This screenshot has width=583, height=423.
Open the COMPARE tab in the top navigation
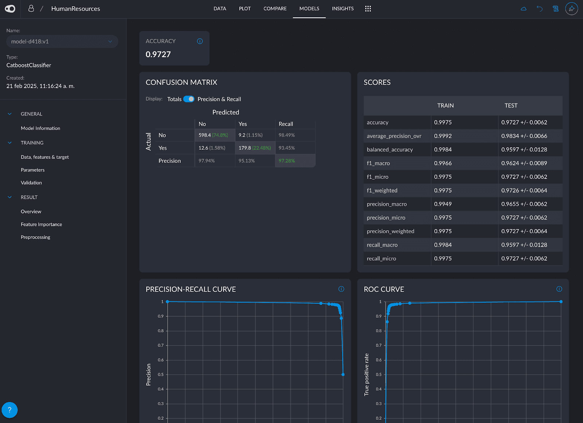click(275, 9)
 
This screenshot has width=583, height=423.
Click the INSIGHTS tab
click(343, 9)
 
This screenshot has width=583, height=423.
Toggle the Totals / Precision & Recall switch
click(189, 99)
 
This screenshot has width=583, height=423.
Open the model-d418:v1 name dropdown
click(62, 42)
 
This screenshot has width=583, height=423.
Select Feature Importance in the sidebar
click(42, 224)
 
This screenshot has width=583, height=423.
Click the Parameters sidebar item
click(32, 170)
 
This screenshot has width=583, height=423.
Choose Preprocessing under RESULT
click(35, 237)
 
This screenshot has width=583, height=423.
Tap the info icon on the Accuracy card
click(200, 41)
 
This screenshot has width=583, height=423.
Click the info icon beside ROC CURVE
click(559, 289)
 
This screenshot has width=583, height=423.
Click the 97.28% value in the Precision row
click(286, 161)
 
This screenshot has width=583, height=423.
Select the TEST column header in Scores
click(511, 105)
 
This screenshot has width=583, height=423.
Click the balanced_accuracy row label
click(390, 150)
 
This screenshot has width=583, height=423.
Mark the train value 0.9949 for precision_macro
click(443, 204)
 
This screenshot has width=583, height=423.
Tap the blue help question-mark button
click(9, 410)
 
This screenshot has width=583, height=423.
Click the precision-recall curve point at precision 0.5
click(343, 375)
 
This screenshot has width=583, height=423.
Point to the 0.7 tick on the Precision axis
click(161, 345)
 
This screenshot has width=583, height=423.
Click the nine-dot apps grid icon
click(368, 9)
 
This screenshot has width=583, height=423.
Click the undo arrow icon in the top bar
click(540, 9)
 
